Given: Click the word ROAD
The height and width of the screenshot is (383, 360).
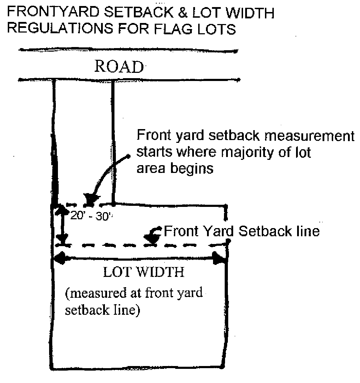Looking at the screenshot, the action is [x=119, y=66].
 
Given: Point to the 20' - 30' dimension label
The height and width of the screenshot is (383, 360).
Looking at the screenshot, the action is [x=91, y=216].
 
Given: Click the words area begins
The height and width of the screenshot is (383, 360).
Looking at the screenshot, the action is [x=175, y=168].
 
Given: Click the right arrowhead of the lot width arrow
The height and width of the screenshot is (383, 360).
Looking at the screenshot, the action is [x=220, y=260].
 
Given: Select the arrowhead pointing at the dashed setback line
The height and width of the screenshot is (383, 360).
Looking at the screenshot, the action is [x=153, y=240].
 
